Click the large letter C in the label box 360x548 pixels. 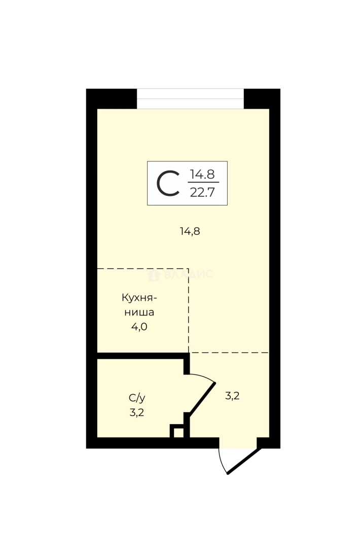tap(168, 183)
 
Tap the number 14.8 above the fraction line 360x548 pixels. tap(202, 174)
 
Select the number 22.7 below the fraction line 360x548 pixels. tap(202, 192)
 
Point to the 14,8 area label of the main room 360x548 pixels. tap(190, 231)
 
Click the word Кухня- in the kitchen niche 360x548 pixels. tap(139, 298)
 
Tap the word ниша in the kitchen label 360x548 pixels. tap(139, 312)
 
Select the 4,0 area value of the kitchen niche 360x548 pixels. tap(139, 327)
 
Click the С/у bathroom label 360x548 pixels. tap(137, 398)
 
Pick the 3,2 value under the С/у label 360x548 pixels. tap(137, 413)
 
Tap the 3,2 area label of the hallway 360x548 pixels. tap(232, 396)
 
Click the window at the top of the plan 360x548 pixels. tap(190, 98)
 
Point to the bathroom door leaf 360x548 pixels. tap(202, 398)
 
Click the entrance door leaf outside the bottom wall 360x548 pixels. tap(244, 461)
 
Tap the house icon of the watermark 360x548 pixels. tap(154, 275)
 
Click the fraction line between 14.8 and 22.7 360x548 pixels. tap(203, 182)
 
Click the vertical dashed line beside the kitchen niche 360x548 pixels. tap(189, 311)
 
